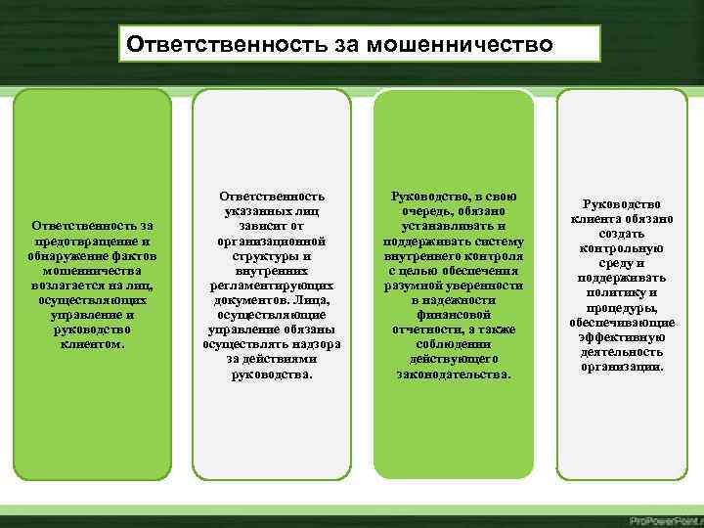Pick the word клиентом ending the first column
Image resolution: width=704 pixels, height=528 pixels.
click(x=92, y=344)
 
